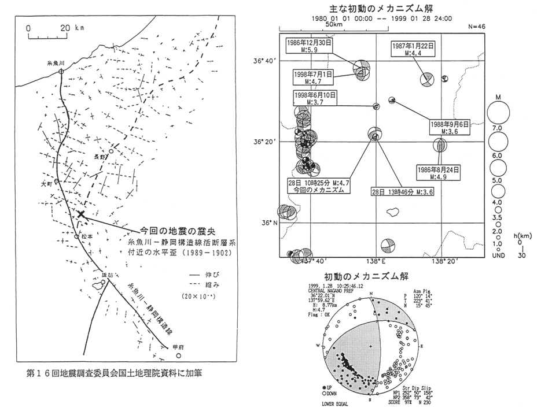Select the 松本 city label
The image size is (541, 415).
87,236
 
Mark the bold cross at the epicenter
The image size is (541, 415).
80,214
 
